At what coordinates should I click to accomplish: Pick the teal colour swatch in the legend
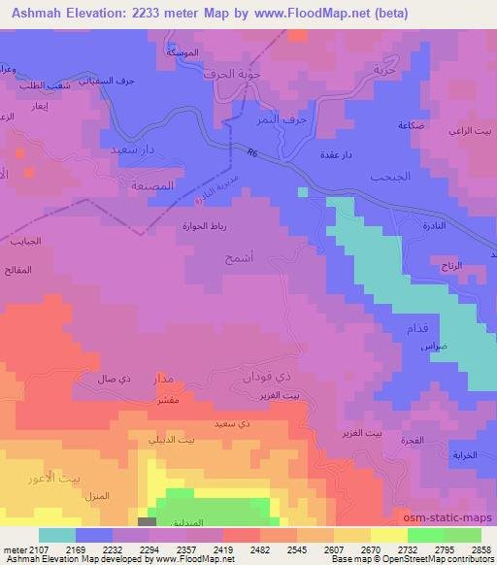click(57, 535)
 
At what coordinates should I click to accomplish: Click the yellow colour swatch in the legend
click(388, 535)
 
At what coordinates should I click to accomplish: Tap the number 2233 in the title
click(181, 14)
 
